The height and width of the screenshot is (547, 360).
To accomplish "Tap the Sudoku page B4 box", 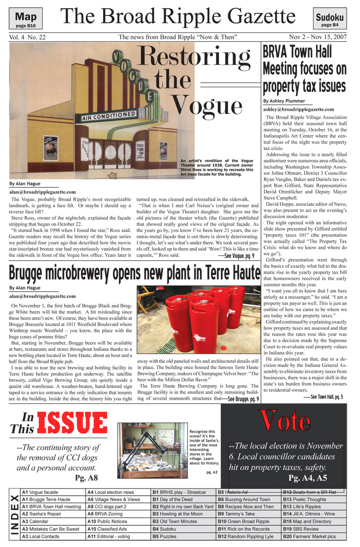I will (329, 20).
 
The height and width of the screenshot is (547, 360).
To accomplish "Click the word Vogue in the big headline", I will (207, 105).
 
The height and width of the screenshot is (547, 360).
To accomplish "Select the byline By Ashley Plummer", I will (284, 101).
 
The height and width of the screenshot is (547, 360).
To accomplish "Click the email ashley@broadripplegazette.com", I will (298, 109).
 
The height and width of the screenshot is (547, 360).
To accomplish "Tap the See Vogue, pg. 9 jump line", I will (236, 256).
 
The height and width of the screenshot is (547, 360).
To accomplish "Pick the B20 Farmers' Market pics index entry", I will (309, 537).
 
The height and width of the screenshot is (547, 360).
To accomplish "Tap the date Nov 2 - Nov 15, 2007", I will (318, 37).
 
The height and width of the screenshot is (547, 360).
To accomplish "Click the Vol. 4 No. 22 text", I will (27, 37).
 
